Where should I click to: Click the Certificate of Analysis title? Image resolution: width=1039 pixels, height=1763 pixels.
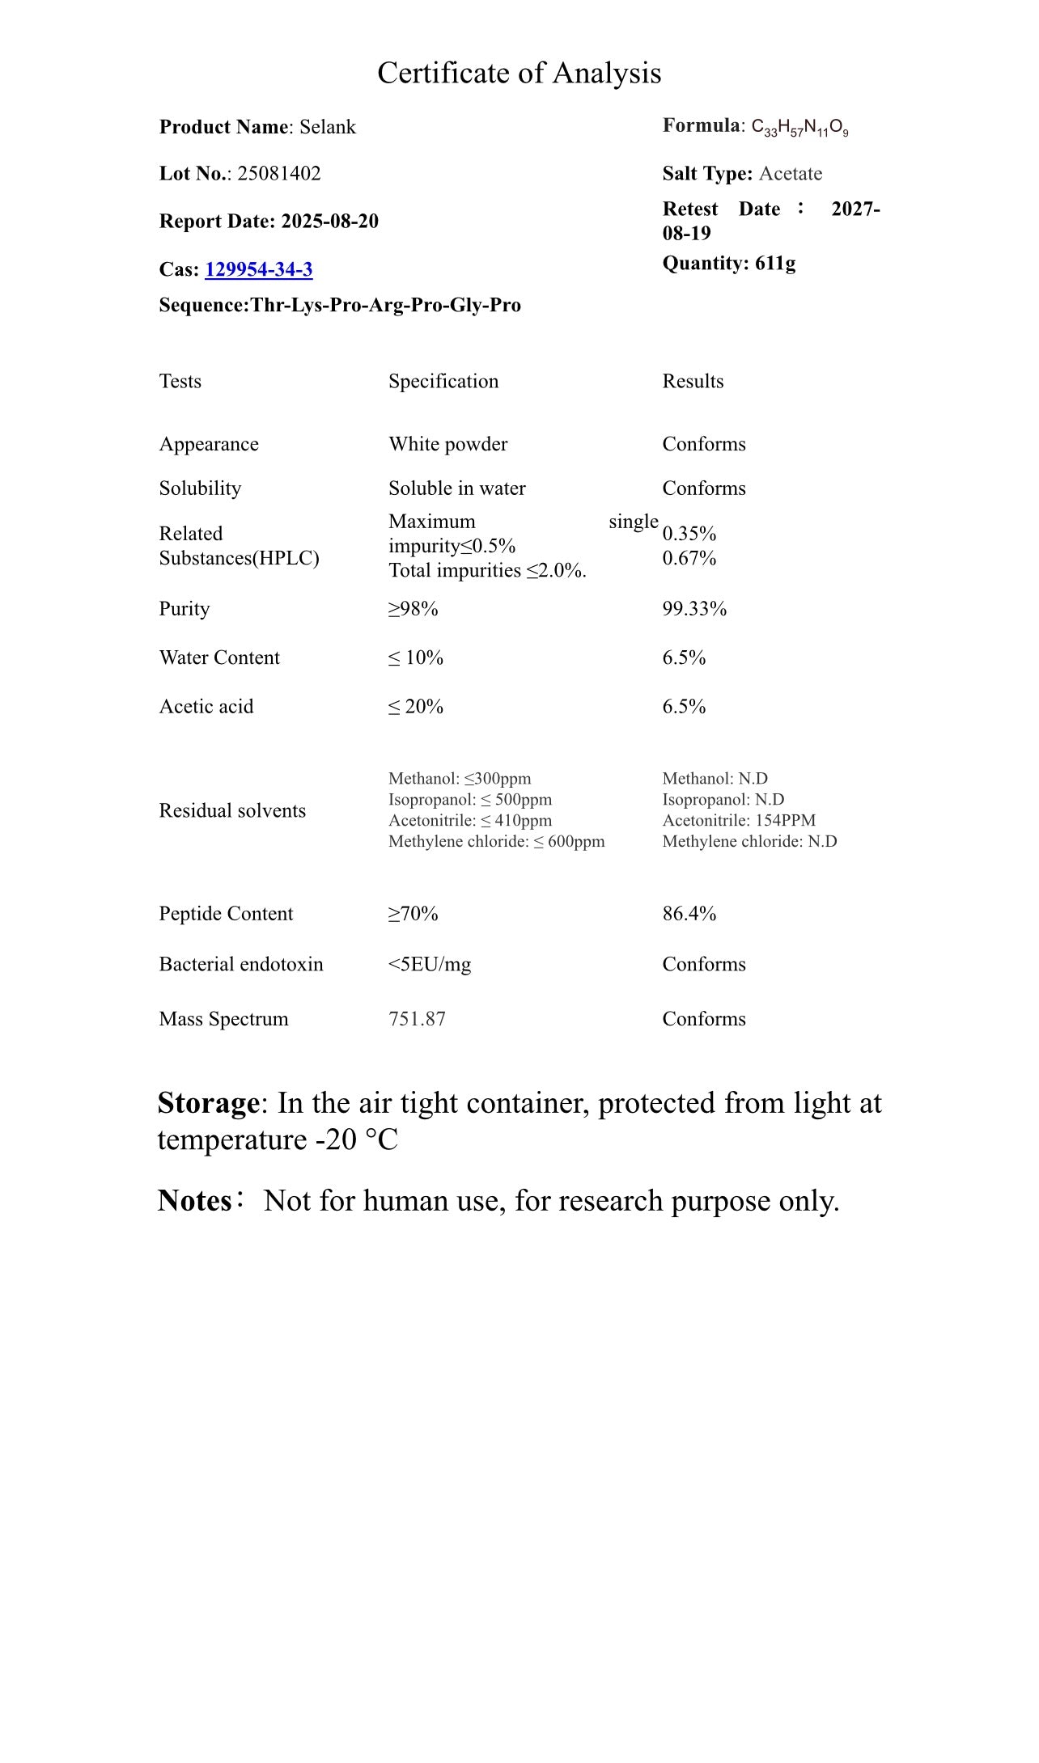pos(519,74)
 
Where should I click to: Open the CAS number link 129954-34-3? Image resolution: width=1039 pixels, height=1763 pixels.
pos(258,269)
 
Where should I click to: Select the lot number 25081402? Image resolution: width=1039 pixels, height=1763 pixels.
pos(278,174)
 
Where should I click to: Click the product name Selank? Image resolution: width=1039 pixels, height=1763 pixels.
pos(328,127)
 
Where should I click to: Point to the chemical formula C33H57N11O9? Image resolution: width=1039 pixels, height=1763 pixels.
pos(799,127)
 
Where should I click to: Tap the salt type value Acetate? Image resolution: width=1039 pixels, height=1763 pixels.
pos(790,174)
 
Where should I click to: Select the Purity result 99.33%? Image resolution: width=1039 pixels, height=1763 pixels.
pos(694,609)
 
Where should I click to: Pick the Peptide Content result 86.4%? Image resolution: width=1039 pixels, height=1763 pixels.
pos(689,914)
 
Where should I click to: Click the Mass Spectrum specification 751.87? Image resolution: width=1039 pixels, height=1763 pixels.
pos(417,1019)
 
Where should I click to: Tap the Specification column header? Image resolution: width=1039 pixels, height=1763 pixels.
pos(443,382)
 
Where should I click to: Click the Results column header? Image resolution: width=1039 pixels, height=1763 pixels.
pos(693,382)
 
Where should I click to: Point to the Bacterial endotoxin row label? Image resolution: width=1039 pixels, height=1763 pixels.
pos(241,964)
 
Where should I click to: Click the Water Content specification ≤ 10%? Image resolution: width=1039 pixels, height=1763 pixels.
pos(416,658)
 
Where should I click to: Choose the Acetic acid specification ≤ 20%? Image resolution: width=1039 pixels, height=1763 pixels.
pos(416,707)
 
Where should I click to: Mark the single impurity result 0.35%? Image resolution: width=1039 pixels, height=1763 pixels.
pos(689,534)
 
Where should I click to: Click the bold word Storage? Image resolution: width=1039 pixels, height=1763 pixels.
pos(208,1103)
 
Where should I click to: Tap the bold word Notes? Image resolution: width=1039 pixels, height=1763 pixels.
pos(195,1201)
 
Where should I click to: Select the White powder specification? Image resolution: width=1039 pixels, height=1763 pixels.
pos(447,444)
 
